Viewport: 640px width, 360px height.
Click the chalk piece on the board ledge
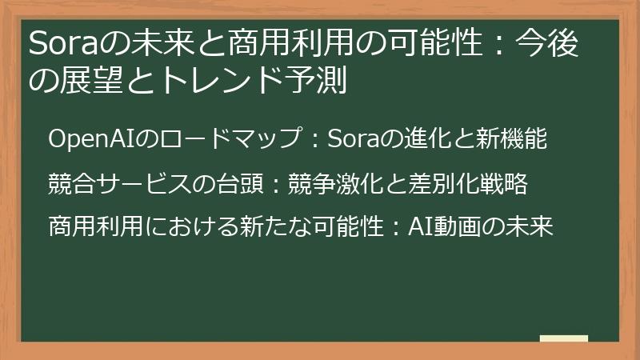563,338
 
